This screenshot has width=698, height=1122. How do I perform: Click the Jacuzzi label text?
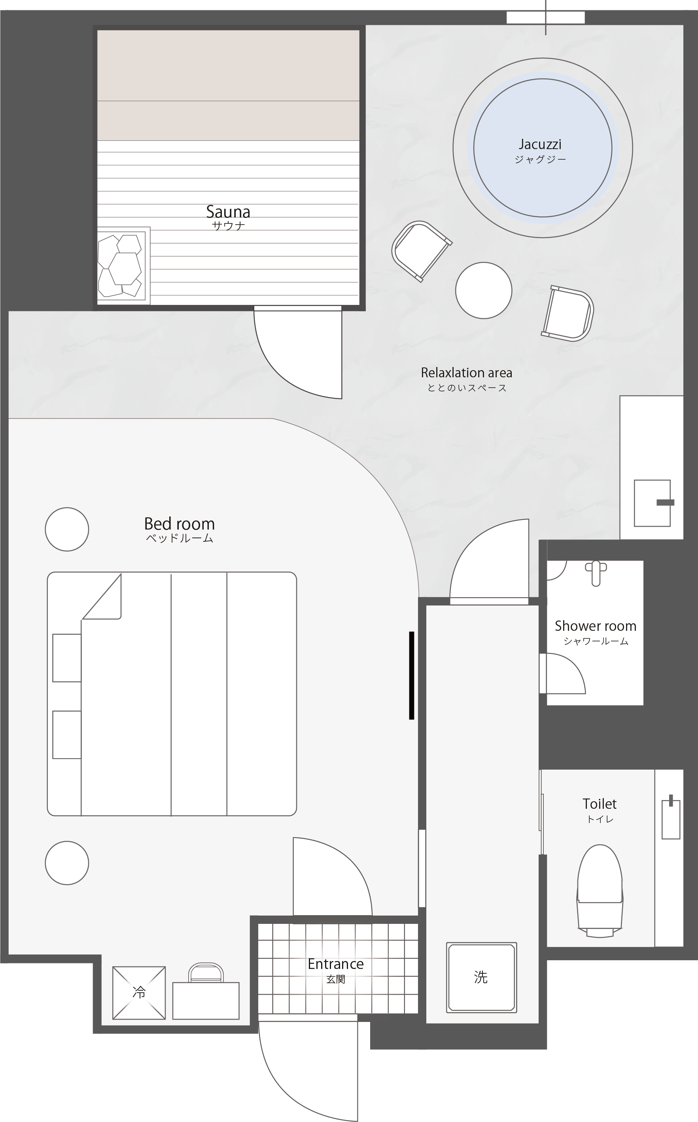click(540, 144)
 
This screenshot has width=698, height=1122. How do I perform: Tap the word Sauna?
click(228, 212)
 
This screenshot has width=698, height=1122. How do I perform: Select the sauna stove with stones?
click(124, 265)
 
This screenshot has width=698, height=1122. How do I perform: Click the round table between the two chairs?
click(483, 290)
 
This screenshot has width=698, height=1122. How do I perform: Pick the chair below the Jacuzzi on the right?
click(568, 313)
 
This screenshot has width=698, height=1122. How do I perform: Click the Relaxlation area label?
click(466, 373)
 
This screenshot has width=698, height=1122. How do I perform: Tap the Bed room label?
click(179, 524)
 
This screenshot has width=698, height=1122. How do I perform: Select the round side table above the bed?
click(67, 530)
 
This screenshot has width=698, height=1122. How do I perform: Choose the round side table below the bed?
click(67, 863)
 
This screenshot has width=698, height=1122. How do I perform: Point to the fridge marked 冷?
click(139, 993)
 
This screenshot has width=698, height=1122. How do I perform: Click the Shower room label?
click(596, 626)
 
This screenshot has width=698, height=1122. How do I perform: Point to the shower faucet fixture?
click(596, 573)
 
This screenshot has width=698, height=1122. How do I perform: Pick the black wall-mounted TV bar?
click(411, 675)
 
